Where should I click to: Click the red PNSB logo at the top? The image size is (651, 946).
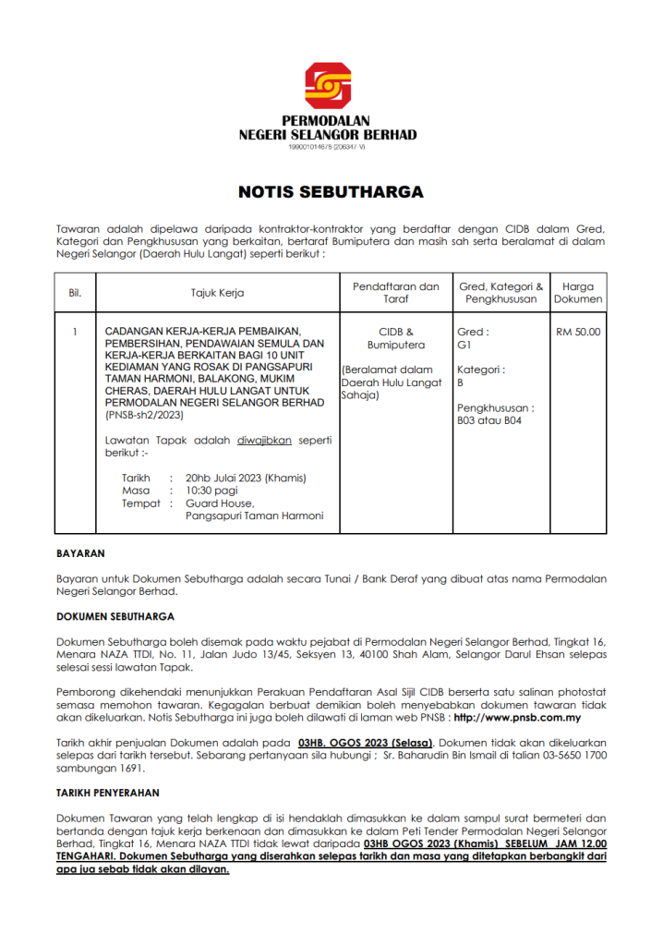(x=328, y=86)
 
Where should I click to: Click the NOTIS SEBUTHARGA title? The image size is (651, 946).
(x=331, y=193)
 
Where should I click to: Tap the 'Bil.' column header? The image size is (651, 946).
(x=75, y=293)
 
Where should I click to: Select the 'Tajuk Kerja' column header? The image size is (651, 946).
(x=217, y=293)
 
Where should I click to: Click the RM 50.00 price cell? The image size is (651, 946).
(x=578, y=332)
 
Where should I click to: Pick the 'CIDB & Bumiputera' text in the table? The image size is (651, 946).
(x=396, y=338)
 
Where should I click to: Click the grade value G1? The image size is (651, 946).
(x=464, y=345)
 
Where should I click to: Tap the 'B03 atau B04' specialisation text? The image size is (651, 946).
(x=489, y=420)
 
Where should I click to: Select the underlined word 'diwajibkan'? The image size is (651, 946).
(x=264, y=441)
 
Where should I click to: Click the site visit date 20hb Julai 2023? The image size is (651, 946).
(x=246, y=479)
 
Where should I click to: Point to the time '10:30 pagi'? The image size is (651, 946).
(x=211, y=491)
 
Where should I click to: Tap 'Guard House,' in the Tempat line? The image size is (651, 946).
(x=216, y=503)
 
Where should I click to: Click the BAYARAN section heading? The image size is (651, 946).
(x=80, y=553)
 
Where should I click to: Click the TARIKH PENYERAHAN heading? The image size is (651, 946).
(x=108, y=793)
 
